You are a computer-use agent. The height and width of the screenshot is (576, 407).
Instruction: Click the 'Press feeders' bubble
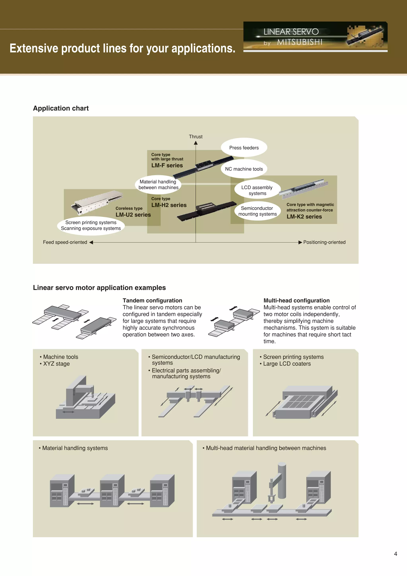[244, 148]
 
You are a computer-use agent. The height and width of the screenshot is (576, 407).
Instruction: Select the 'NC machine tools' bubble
[244, 169]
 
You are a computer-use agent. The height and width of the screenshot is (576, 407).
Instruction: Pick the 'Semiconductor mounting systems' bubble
[257, 211]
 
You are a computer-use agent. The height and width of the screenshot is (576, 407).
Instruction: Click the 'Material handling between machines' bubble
[158, 185]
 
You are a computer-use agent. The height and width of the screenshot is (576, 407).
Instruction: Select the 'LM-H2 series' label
[169, 205]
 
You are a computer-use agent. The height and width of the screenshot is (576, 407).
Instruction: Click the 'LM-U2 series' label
[133, 215]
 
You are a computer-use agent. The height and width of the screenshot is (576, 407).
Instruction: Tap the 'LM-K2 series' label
[304, 217]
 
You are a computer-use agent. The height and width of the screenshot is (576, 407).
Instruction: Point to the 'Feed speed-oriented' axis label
[65, 242]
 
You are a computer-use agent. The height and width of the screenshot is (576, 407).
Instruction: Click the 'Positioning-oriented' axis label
[324, 242]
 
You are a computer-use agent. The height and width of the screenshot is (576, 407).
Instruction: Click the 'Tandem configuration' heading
[152, 301]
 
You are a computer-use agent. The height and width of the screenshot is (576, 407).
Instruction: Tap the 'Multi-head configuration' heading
[297, 301]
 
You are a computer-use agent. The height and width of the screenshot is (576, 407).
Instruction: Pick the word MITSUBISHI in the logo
[300, 42]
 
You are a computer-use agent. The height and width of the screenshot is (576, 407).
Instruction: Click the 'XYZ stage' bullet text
[56, 364]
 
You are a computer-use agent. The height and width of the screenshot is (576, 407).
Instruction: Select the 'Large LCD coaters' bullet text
[287, 364]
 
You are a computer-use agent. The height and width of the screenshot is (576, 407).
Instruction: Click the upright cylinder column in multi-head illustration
[282, 480]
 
